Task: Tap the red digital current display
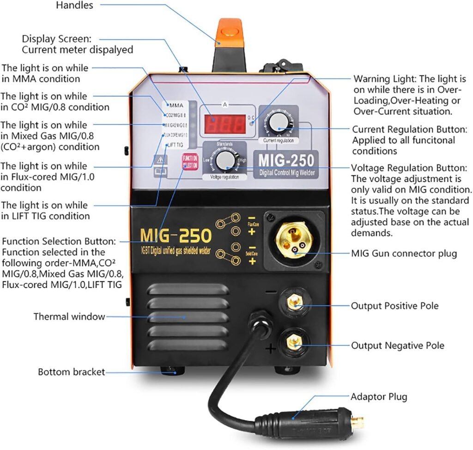coord(225,124)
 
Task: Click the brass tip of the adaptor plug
coord(357,422)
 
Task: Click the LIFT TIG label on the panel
coord(175,145)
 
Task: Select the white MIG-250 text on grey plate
coord(285,160)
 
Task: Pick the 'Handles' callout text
coord(74,6)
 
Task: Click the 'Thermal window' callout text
coord(69,317)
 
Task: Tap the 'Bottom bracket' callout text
coord(71,372)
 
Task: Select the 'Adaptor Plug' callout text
coord(379,396)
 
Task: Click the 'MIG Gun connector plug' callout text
coord(404,253)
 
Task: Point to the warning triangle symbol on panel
coord(160,160)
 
